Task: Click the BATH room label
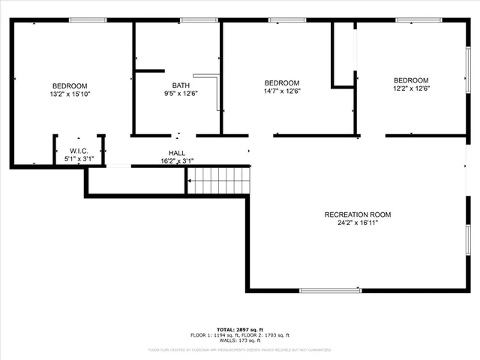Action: tap(181, 85)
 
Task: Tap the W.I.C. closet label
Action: tap(79, 151)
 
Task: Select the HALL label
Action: tap(177, 153)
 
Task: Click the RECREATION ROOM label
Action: tap(357, 214)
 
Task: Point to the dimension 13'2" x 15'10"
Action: tap(69, 94)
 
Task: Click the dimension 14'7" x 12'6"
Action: tap(282, 91)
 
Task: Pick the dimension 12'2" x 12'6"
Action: tap(411, 88)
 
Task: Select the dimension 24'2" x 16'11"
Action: tap(357, 223)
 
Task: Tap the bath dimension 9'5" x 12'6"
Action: tap(181, 94)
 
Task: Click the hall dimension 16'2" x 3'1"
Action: tap(177, 161)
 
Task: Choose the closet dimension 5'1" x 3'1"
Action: tap(79, 159)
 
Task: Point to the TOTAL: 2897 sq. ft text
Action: tap(240, 329)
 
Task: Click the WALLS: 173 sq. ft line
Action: tap(240, 341)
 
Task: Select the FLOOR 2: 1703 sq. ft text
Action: tap(267, 335)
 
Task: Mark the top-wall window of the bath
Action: tap(193, 19)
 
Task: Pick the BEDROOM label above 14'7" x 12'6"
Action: tap(282, 83)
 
